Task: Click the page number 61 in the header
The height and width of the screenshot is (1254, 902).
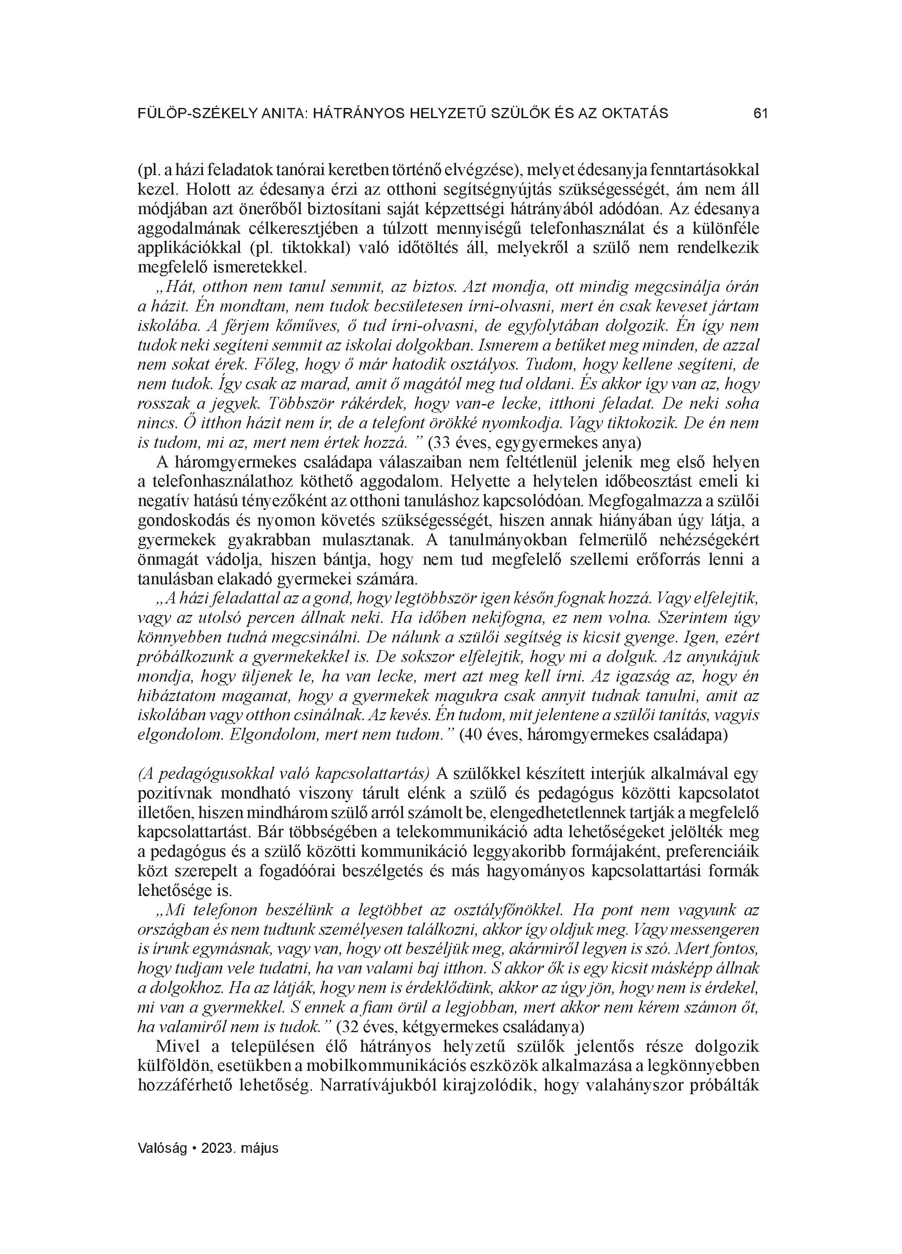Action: point(761,114)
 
